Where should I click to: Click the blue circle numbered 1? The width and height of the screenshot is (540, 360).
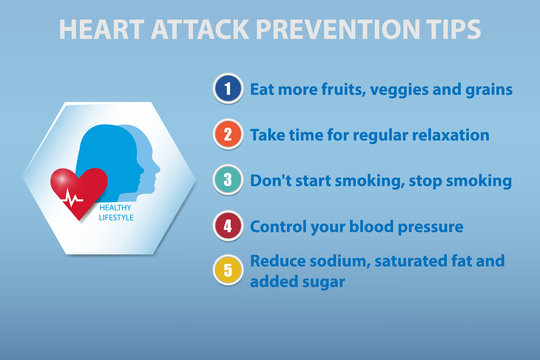[228, 89]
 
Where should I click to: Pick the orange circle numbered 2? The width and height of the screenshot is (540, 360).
[228, 134]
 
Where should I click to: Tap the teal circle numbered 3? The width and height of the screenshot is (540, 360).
[228, 180]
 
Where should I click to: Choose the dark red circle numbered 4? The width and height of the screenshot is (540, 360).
[228, 226]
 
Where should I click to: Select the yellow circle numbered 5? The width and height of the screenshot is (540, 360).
[228, 270]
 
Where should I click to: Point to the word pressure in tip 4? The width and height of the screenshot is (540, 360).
[427, 226]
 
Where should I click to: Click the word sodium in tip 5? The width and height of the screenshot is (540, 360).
[336, 261]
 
